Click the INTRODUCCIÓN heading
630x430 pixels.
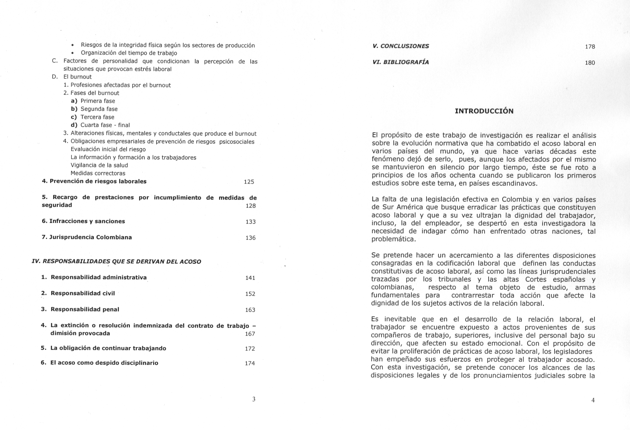pyautogui.click(x=484, y=111)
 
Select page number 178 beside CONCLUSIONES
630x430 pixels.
pyautogui.click(x=590, y=47)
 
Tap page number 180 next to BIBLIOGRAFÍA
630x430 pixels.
pyautogui.click(x=590, y=63)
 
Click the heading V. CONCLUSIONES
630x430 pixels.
pyautogui.click(x=401, y=46)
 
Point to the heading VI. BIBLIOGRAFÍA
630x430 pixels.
pyautogui.click(x=401, y=62)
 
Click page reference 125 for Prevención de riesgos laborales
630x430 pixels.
pyautogui.click(x=249, y=182)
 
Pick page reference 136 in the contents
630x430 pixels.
pyautogui.click(x=250, y=238)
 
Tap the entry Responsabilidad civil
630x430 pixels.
pyautogui.click(x=83, y=293)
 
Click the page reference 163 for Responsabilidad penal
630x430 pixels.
pyautogui.click(x=250, y=310)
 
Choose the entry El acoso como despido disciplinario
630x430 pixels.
pyautogui.click(x=104, y=363)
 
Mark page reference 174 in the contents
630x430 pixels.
pyautogui.click(x=250, y=363)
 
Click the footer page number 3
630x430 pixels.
pyautogui.click(x=253, y=399)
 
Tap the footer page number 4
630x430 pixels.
pyautogui.click(x=593, y=400)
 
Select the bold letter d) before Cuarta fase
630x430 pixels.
pyautogui.click(x=74, y=125)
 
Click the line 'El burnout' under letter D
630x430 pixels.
pyautogui.click(x=77, y=77)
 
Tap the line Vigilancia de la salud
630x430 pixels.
pyautogui.click(x=99, y=165)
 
